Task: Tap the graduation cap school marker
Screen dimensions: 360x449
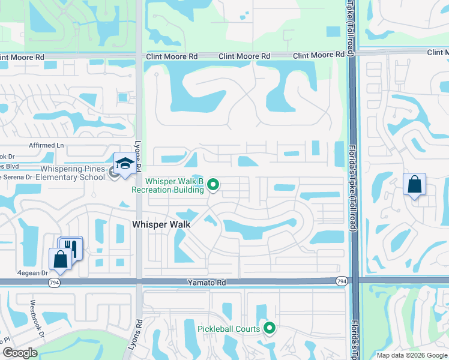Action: click(x=124, y=163)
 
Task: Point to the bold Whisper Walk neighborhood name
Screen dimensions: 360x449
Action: click(x=161, y=224)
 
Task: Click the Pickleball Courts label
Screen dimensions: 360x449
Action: click(x=229, y=328)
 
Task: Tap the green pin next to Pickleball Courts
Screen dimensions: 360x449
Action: click(x=270, y=328)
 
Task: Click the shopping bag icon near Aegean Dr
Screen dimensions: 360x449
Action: click(x=60, y=260)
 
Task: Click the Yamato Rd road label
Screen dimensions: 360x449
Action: click(x=209, y=281)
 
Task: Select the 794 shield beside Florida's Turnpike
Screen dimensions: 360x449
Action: click(x=342, y=281)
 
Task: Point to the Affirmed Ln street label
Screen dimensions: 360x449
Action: click(x=46, y=146)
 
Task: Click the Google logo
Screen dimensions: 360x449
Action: click(x=20, y=353)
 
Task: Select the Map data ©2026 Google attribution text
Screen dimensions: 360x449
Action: click(x=412, y=355)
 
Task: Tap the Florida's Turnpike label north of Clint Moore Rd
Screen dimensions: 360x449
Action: click(x=349, y=27)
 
